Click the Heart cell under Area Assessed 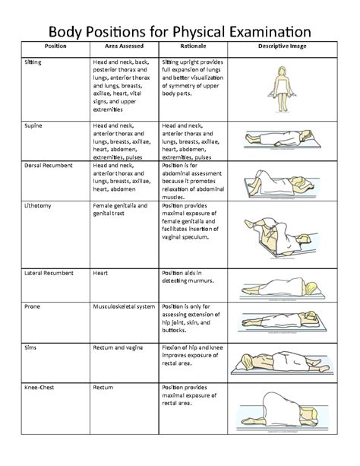pos(100,271)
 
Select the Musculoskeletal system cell pos(124,306)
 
